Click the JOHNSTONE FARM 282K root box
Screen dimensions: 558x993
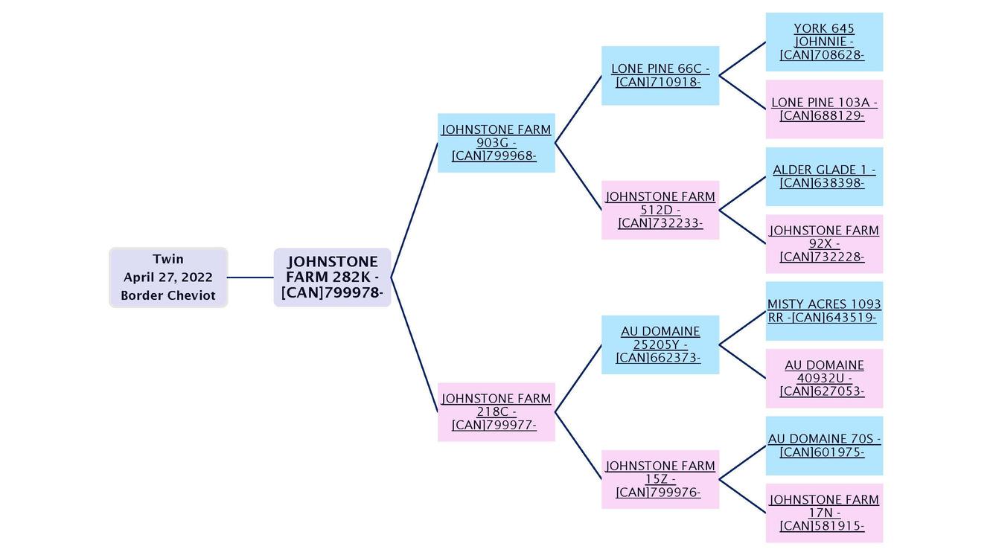[x=332, y=278]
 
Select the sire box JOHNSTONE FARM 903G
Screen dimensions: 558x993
[x=496, y=143]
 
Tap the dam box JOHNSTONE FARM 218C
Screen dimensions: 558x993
[x=496, y=412]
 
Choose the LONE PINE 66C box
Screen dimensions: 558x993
[x=660, y=76]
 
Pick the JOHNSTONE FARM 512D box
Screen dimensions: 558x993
[x=660, y=210]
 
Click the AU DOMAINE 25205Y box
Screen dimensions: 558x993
[x=660, y=344]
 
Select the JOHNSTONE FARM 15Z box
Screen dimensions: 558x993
[x=660, y=479]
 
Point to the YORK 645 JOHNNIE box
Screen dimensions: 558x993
[x=824, y=42]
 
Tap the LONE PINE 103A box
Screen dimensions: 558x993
[x=824, y=109]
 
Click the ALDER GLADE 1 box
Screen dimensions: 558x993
[x=824, y=176]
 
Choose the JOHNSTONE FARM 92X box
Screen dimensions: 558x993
[x=824, y=244]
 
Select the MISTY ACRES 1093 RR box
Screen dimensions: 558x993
[x=824, y=311]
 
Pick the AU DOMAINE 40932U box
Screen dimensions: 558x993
[x=824, y=378]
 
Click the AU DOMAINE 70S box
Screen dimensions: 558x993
[x=824, y=446]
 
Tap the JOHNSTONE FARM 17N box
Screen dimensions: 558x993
[x=824, y=513]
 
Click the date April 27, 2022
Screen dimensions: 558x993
[x=168, y=278]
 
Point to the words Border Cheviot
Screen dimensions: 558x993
[x=168, y=295]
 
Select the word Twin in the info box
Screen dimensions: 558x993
[x=168, y=259]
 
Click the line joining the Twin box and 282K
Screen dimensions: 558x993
[x=250, y=278]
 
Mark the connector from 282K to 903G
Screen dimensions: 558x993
[x=414, y=211]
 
